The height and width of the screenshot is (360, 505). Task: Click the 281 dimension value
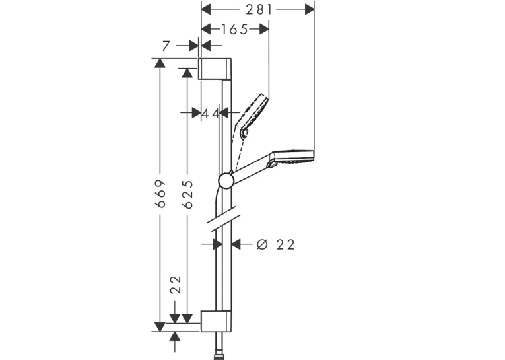coord(259,10)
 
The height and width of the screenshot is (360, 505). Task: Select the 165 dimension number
coord(235,30)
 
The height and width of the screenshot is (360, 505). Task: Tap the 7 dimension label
coord(166,46)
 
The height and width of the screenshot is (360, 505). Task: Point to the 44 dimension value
coord(211,113)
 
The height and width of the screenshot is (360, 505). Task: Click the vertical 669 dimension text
coord(160,194)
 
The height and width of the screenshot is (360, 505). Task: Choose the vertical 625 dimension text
coord(187,194)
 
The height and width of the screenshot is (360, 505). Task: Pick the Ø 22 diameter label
coord(275,245)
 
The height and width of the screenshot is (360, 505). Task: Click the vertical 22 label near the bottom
coord(176,285)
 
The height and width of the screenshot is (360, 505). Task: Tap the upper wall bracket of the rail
coord(214,69)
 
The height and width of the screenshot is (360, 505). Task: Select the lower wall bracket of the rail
coord(216,321)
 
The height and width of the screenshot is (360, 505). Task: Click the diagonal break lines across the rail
coord(222,219)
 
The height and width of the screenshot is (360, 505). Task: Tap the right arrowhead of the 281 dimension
coord(310,10)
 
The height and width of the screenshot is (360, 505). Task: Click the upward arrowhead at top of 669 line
coord(160,63)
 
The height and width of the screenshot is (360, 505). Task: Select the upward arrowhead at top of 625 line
coord(187,73)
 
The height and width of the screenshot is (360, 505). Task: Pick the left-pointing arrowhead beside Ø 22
coord(236,244)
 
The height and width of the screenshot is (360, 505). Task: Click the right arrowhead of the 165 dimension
coord(264,29)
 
